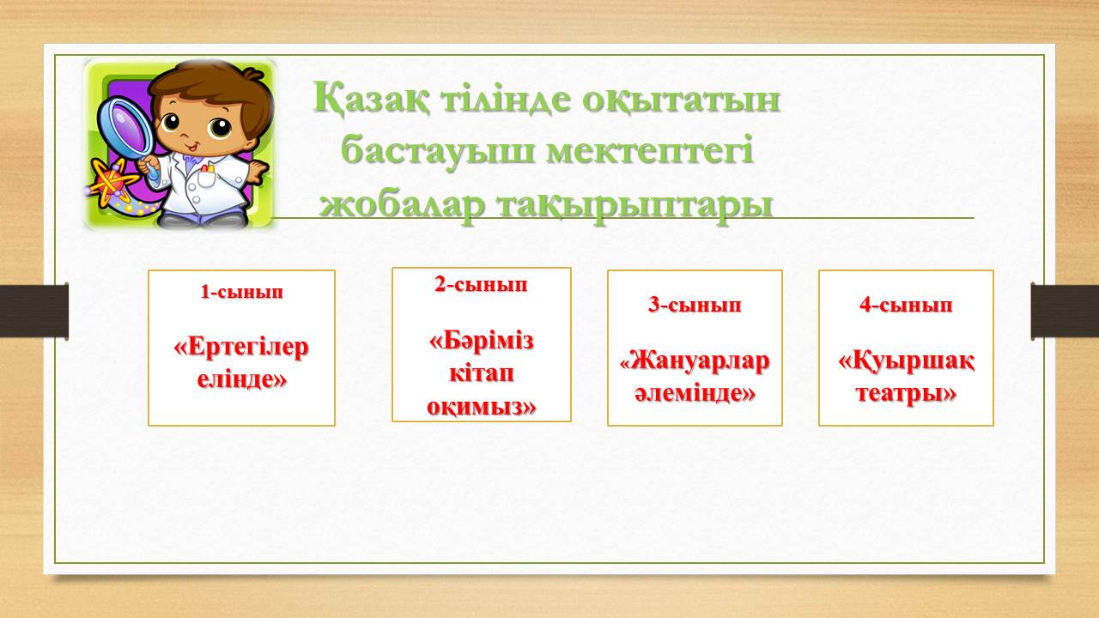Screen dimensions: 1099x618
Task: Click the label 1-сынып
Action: (242, 292)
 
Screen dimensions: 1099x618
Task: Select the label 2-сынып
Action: (482, 284)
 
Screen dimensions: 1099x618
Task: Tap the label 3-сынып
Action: (695, 305)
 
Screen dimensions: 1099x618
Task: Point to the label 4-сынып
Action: (906, 305)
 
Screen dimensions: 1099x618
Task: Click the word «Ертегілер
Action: (241, 348)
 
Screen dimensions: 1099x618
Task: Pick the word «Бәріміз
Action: (482, 341)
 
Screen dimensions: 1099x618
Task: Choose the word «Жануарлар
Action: (695, 361)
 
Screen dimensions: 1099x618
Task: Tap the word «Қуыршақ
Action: (906, 363)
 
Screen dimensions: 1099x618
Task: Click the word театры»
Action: (906, 393)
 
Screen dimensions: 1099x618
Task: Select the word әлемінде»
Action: (695, 393)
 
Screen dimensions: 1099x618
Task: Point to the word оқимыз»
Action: (482, 407)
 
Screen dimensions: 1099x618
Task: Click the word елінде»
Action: (242, 379)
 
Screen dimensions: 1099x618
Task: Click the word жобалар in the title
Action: (403, 205)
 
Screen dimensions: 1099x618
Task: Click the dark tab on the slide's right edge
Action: (1065, 311)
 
